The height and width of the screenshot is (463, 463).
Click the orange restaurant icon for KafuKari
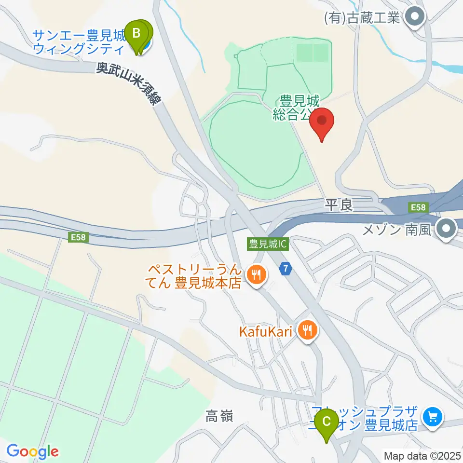pos(307,330)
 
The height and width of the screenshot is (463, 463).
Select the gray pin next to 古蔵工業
pos(414,18)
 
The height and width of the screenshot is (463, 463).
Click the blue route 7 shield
pos(286,268)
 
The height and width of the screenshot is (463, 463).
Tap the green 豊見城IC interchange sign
pos(268,245)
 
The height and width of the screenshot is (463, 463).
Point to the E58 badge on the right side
pos(417,207)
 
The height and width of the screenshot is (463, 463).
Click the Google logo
pos(33,451)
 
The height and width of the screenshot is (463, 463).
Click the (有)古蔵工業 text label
pos(362,18)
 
